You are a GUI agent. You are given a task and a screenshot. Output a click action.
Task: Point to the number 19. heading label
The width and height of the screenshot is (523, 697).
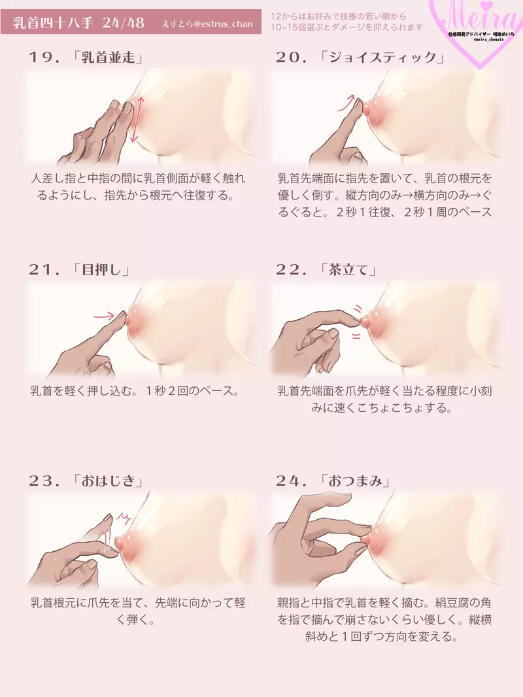(45, 57)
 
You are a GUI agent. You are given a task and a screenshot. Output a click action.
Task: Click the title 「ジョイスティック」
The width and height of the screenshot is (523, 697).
(382, 57)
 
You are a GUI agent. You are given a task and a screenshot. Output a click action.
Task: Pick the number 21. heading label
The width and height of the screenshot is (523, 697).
(45, 269)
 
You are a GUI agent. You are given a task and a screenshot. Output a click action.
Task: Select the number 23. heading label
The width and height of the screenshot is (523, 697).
(45, 481)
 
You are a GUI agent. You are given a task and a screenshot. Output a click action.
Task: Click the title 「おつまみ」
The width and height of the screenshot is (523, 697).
(357, 481)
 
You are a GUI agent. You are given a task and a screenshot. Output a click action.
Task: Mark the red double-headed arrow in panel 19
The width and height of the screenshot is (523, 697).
(135, 120)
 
